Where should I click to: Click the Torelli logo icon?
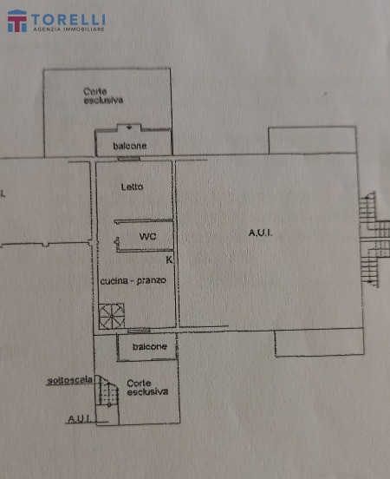17,21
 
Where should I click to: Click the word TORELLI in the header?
68,20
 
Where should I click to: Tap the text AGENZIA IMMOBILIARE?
69,30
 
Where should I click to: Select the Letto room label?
132,187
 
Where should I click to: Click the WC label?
147,236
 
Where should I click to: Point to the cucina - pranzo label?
133,281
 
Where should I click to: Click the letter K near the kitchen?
169,260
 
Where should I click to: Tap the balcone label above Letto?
130,146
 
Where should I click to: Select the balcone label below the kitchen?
150,347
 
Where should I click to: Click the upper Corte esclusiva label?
103,95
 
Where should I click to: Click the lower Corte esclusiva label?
147,387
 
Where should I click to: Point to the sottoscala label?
70,381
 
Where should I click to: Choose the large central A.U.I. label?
260,233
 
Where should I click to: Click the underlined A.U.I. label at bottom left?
79,418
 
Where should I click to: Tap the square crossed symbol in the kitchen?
112,316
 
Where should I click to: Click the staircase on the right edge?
374,239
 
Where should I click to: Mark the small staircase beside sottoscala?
107,390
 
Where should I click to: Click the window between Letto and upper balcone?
128,159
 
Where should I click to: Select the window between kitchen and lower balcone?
139,331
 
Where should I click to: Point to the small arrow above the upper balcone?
129,127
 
